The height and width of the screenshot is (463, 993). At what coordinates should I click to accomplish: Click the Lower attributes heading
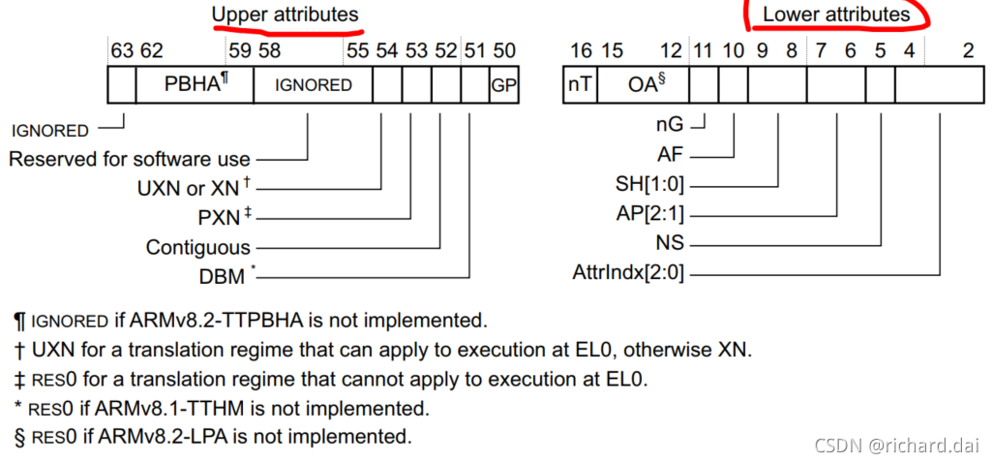coord(835,15)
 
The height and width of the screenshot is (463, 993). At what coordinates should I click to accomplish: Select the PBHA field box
coord(195,84)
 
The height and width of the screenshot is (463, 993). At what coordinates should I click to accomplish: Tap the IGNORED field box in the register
coord(313,85)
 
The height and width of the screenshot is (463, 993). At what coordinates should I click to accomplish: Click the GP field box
coord(504,85)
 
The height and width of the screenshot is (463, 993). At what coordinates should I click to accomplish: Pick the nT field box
coord(580,85)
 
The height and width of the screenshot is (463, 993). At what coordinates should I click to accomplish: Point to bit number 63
coord(122,51)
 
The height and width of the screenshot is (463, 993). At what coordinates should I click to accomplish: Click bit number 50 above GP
coord(504,51)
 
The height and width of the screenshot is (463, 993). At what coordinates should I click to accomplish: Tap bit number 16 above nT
coord(580,51)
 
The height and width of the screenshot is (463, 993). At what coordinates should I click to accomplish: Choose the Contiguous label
coord(197,247)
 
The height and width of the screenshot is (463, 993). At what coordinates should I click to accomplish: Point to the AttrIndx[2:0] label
coord(628,273)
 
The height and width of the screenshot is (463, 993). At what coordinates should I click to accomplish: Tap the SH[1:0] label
coord(649,184)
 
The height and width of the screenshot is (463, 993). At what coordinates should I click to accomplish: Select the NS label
coord(670,243)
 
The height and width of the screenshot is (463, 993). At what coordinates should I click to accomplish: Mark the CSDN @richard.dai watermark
coord(894,445)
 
